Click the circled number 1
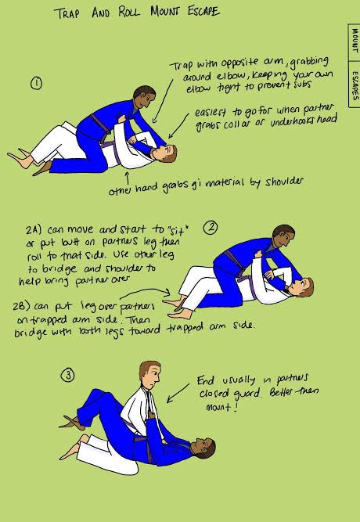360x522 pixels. pos(36,83)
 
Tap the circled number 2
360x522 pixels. pos(211,228)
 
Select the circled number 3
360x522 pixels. pos(67,376)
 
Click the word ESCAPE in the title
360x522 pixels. pos(203,12)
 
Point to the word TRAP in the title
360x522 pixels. pos(67,13)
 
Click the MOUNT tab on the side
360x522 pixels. pos(355,41)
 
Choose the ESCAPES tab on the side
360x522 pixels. pos(355,85)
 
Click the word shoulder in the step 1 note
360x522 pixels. pos(284,182)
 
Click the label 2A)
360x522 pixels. pos(34,230)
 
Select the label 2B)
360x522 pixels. pos(22,306)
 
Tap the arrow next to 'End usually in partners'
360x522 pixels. pos(178,393)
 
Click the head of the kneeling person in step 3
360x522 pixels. pos(149,375)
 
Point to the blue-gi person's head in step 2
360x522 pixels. pos(283,236)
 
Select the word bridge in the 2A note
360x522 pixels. pos(60,268)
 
